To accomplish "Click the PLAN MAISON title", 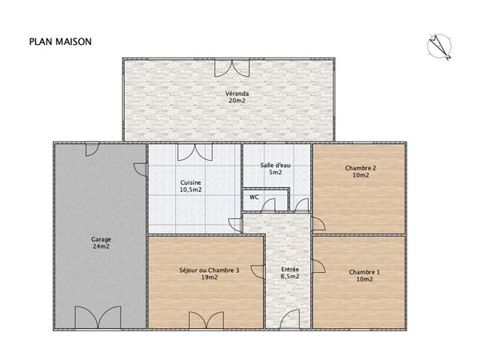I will (x=60, y=41).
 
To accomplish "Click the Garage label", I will (x=101, y=239).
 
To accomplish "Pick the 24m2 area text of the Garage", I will (x=101, y=246).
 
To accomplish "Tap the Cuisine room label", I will (x=190, y=182).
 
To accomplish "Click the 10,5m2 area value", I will (x=190, y=190).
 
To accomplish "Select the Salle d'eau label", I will (x=275, y=165).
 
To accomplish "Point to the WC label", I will (x=254, y=196).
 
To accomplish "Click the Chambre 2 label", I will (x=361, y=168).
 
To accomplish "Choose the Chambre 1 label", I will (x=364, y=272).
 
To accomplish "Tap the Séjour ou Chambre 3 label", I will (x=210, y=270).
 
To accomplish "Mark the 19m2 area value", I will (x=210, y=278).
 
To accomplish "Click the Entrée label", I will (x=290, y=270).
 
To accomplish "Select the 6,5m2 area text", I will (x=290, y=278).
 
